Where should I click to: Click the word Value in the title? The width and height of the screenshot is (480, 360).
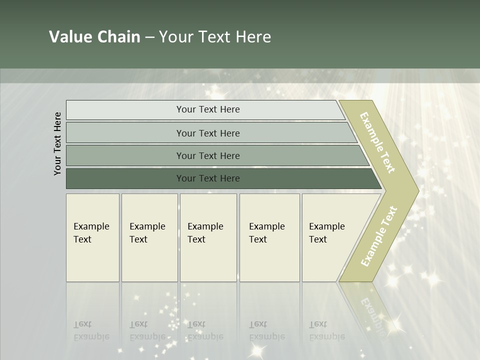pos(70,37)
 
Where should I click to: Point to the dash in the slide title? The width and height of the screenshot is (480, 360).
pos(149,37)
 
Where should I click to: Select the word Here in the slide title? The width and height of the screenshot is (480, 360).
pos(253,37)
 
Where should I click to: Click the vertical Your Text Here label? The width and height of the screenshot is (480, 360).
pos(57,143)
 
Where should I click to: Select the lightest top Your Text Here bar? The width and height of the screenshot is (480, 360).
pos(207,109)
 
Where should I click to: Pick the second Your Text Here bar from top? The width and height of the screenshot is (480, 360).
pos(207,133)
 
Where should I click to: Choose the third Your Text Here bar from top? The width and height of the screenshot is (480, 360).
pos(207,155)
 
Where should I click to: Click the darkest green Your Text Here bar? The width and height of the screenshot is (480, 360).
pos(207,178)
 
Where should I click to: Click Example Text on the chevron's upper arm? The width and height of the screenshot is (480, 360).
pos(377,142)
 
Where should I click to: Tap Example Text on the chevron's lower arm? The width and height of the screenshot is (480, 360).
pos(379,236)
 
